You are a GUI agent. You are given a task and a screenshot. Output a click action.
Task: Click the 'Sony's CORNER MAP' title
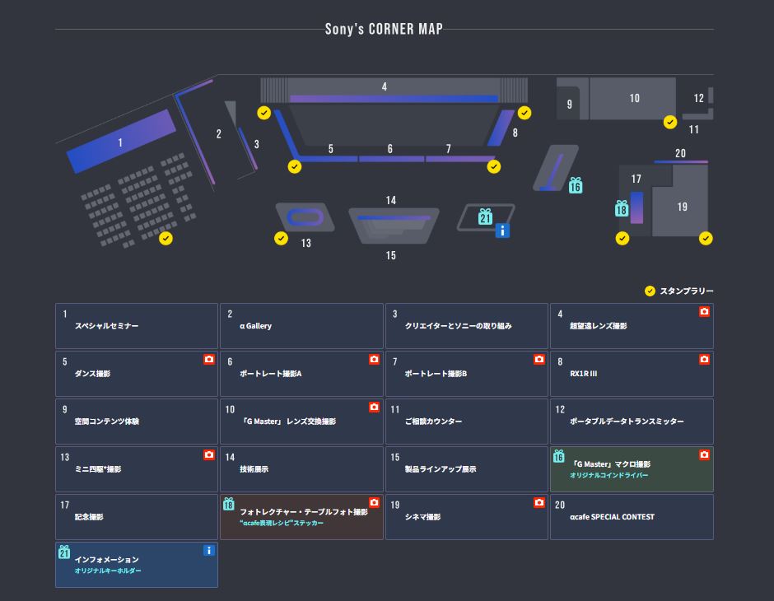coord(384,29)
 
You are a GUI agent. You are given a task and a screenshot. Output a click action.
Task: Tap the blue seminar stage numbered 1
coord(121,142)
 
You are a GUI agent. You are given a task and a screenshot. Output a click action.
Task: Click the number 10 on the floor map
coord(634,98)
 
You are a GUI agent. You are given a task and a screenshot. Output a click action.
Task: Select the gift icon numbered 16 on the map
coord(576,186)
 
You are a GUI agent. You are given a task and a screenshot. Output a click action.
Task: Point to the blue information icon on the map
coord(502,231)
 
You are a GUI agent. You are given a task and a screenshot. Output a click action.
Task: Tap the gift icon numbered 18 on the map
coord(622,209)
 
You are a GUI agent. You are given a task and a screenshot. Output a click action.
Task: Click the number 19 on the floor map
coord(682,207)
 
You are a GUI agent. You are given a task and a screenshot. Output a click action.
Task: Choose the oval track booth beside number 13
coord(304,217)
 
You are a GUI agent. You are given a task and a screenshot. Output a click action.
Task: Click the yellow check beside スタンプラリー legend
coord(650,291)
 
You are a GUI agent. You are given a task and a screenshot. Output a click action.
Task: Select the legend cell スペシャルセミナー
coord(137,326)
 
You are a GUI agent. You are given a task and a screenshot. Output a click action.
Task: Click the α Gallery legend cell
coord(301,326)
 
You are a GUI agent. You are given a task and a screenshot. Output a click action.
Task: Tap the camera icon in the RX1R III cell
coord(704,360)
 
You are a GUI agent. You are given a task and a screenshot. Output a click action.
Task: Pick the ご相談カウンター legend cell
coord(466,422)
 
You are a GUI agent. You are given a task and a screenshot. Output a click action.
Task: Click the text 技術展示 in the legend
coord(254,469)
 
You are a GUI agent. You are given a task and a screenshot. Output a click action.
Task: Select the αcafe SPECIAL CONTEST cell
coord(632,517)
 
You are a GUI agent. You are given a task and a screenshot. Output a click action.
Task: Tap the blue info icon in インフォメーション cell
coord(209,551)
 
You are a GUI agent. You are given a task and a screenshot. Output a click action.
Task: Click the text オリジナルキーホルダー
coord(108,571)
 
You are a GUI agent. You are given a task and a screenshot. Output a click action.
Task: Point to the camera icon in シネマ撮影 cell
coord(539,503)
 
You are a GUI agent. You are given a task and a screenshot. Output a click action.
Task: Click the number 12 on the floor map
coord(699,98)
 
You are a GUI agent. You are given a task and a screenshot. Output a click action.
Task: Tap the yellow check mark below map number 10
coord(670,123)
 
